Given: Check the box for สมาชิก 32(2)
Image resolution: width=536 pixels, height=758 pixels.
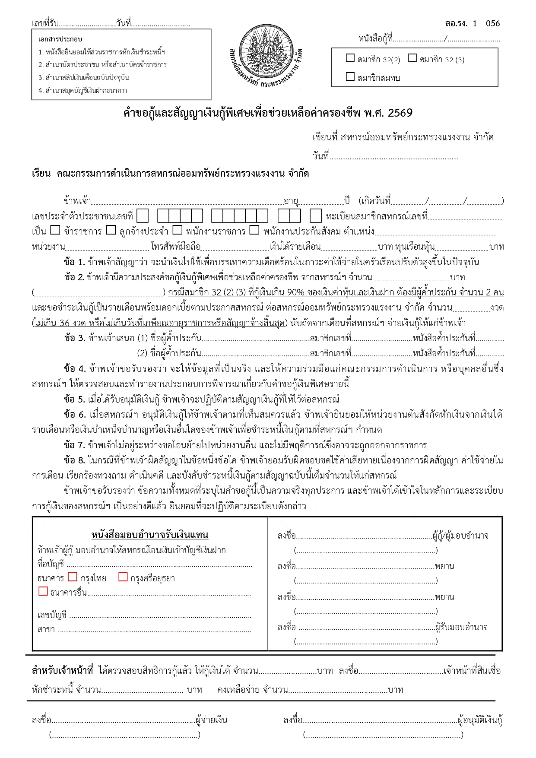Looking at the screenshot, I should (350, 58).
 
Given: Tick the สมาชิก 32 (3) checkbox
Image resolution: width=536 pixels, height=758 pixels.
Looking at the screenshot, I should (412, 58).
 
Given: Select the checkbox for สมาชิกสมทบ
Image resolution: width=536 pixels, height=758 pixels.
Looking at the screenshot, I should (350, 77).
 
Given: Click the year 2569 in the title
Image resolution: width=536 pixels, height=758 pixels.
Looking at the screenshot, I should (400, 113).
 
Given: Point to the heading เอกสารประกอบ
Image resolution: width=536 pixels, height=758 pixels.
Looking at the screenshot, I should (60, 39).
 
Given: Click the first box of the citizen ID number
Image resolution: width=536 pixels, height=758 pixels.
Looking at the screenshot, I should (143, 216).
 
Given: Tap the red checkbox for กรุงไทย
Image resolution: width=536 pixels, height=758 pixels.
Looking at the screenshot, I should (73, 577).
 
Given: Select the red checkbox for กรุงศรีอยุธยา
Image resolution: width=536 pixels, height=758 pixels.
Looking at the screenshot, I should (123, 577).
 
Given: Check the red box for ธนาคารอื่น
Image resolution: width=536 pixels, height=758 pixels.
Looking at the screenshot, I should (43, 591).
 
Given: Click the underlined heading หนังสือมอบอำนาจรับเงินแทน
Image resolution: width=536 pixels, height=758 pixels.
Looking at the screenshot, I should (149, 535).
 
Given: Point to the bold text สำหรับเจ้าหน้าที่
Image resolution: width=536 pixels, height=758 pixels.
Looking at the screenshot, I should (63, 671).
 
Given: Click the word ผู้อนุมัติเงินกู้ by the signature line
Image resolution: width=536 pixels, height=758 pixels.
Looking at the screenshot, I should (480, 720).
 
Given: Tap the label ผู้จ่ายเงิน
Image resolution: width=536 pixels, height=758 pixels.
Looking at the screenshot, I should (211, 720).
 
